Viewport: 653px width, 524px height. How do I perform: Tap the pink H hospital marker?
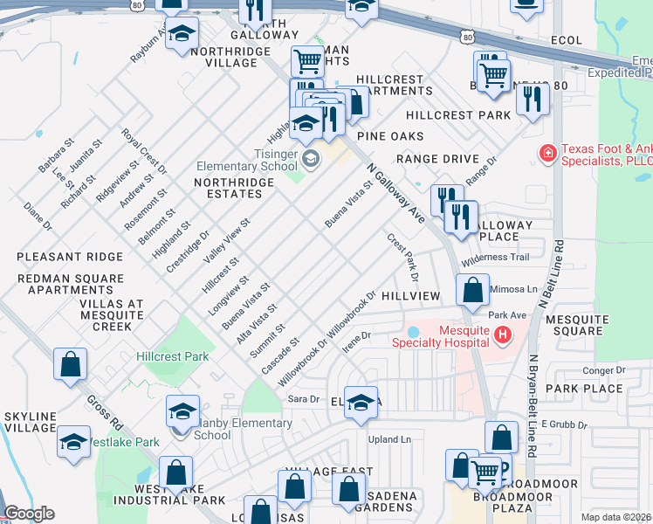tap(502, 334)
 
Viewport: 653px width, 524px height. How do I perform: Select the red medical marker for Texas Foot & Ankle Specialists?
tap(547, 154)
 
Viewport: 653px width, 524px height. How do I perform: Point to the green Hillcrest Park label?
tap(172, 356)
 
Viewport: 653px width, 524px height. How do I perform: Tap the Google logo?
tap(28, 514)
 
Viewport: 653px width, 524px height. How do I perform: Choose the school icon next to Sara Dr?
tap(360, 403)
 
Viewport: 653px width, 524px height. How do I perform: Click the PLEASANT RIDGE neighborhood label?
tap(58, 257)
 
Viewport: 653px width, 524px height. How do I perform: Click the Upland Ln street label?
tap(388, 439)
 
